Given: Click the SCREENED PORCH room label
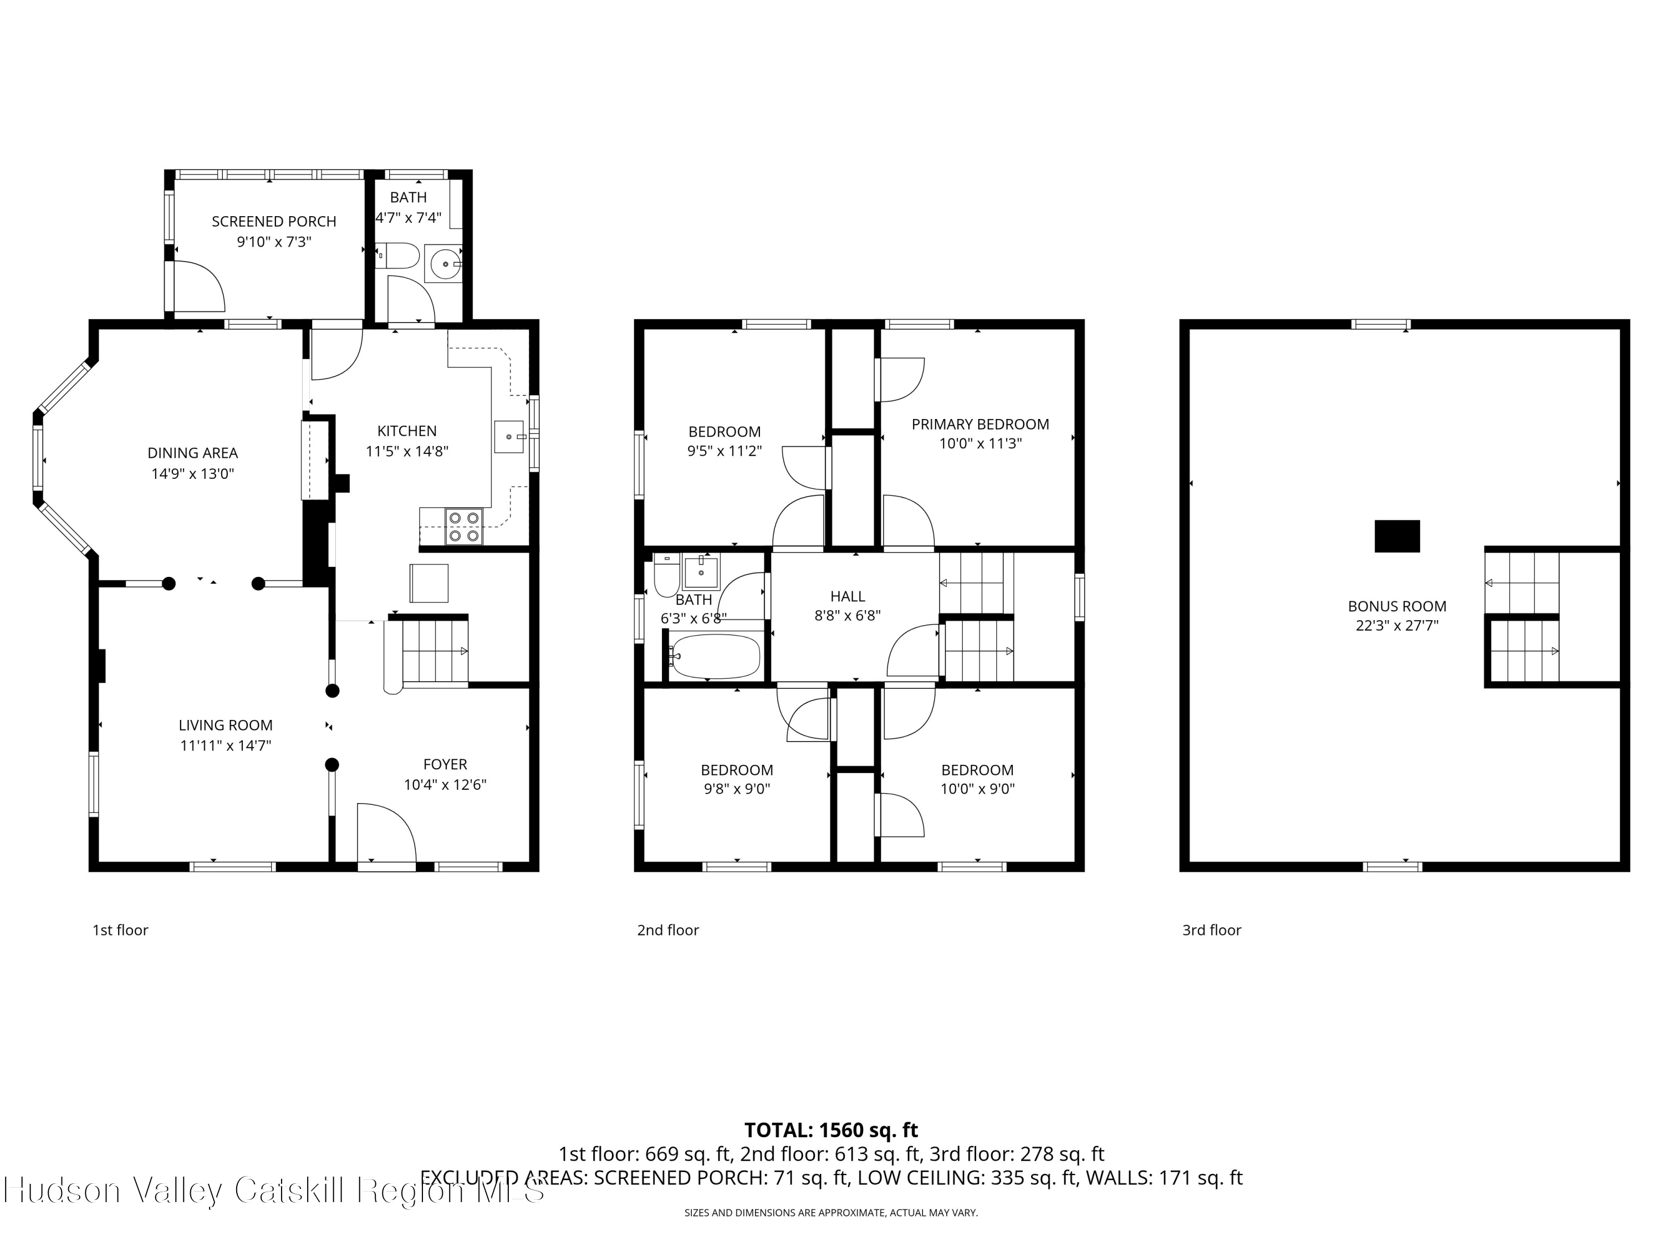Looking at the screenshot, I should (274, 222).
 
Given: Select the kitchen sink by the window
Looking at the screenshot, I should (509, 437).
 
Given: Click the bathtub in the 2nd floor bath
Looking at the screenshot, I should (716, 656).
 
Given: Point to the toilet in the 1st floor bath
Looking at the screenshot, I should (399, 256).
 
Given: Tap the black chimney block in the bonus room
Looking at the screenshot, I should (1397, 536).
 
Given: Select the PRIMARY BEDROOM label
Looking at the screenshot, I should (980, 424).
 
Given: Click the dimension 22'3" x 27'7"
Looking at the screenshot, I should (1396, 625).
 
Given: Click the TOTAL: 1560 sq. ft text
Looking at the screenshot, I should (831, 1130).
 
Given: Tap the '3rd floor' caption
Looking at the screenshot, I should (1211, 930).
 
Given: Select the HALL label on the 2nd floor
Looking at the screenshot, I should (847, 596).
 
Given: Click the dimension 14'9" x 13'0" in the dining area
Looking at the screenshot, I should (192, 473).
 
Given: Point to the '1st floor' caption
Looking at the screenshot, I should (120, 930).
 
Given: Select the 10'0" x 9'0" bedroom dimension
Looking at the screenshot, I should (977, 789).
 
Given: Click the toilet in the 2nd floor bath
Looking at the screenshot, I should (666, 576).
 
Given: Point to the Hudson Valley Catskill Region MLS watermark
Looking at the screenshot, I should (274, 1190).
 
